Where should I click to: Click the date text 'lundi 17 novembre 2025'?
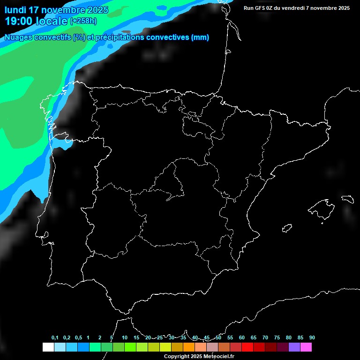(56, 10)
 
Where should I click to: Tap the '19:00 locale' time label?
(36, 21)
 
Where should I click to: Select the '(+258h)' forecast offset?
(84, 21)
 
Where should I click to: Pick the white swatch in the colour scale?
(48, 347)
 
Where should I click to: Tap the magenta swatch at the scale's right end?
(306, 347)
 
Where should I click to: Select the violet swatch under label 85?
(294, 347)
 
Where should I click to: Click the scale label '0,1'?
(55, 338)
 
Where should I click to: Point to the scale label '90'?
(312, 338)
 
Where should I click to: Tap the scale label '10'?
(125, 338)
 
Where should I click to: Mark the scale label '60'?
(242, 338)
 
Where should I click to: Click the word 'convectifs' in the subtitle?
(52, 37)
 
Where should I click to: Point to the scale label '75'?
(277, 338)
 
